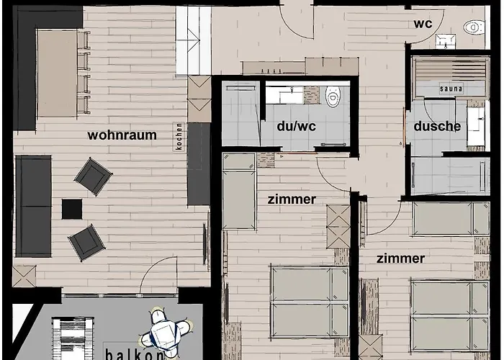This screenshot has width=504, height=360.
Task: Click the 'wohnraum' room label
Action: pyautogui.click(x=122, y=135)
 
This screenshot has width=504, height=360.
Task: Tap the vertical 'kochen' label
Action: pyautogui.click(x=179, y=137)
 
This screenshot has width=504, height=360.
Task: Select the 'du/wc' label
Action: pyautogui.click(x=297, y=126)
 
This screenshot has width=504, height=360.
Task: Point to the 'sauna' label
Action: pyautogui.click(x=451, y=89)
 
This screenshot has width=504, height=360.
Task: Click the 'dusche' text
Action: pyautogui.click(x=437, y=126)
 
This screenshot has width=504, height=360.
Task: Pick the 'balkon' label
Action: pyautogui.click(x=135, y=355)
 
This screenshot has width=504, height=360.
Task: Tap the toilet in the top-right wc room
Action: pyautogui.click(x=474, y=27)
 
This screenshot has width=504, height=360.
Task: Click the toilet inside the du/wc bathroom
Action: pyautogui.click(x=333, y=96)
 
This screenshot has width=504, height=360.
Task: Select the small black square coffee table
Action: pyautogui.click(x=72, y=209)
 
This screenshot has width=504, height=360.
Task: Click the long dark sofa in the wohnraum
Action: pyautogui.click(x=33, y=206)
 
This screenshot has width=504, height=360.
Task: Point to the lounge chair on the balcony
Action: pyautogui.click(x=73, y=338)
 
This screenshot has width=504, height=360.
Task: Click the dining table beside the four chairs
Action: pyautogui.click(x=57, y=73)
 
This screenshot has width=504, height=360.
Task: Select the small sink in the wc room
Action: pyautogui.click(x=446, y=41)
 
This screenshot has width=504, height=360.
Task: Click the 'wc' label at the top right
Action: pyautogui.click(x=423, y=24)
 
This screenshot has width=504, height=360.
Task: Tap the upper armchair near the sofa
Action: pyautogui.click(x=93, y=176)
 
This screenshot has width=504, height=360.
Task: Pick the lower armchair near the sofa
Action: pyautogui.click(x=86, y=243)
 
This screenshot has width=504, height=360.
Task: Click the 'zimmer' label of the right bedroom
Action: pyautogui.click(x=400, y=258)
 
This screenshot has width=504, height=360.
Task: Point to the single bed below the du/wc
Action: pyautogui.click(x=239, y=192)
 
